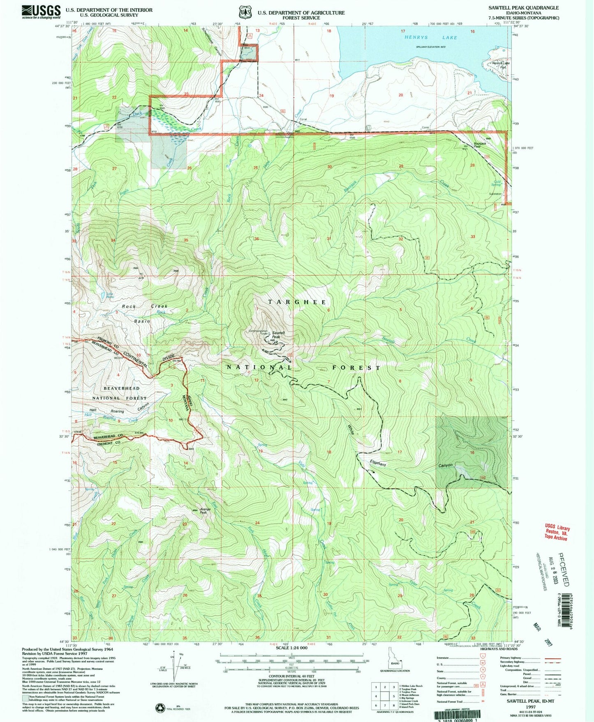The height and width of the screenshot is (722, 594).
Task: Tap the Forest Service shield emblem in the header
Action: tap(245, 12)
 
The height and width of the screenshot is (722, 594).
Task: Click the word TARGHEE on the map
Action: tap(297, 302)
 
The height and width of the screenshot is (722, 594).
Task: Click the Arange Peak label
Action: tap(205, 511)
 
